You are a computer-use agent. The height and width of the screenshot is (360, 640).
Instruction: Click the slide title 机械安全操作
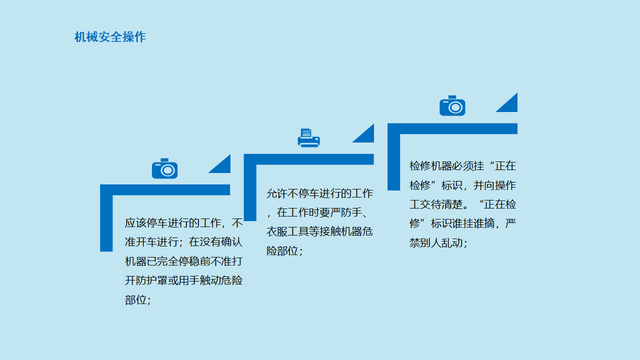point(110,37)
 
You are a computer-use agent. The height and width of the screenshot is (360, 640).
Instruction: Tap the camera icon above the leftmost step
point(164,168)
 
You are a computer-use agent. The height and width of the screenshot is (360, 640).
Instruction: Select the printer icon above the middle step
point(308,138)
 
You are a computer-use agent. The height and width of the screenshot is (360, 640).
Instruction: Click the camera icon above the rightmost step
point(452,105)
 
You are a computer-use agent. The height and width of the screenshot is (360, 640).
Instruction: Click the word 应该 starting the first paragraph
point(135,223)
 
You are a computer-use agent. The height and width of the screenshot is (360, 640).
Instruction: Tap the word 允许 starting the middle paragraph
point(277,193)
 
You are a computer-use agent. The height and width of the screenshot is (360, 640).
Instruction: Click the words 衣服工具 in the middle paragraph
point(287,231)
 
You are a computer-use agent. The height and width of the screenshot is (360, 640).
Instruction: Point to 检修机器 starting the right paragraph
point(430,166)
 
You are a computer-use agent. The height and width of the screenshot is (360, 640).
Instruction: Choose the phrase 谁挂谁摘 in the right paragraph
point(473,223)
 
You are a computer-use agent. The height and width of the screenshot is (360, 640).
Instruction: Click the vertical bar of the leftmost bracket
point(106,218)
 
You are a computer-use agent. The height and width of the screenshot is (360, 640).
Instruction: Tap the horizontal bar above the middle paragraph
point(309,159)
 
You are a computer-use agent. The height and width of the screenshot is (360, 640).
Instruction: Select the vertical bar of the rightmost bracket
point(393,157)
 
